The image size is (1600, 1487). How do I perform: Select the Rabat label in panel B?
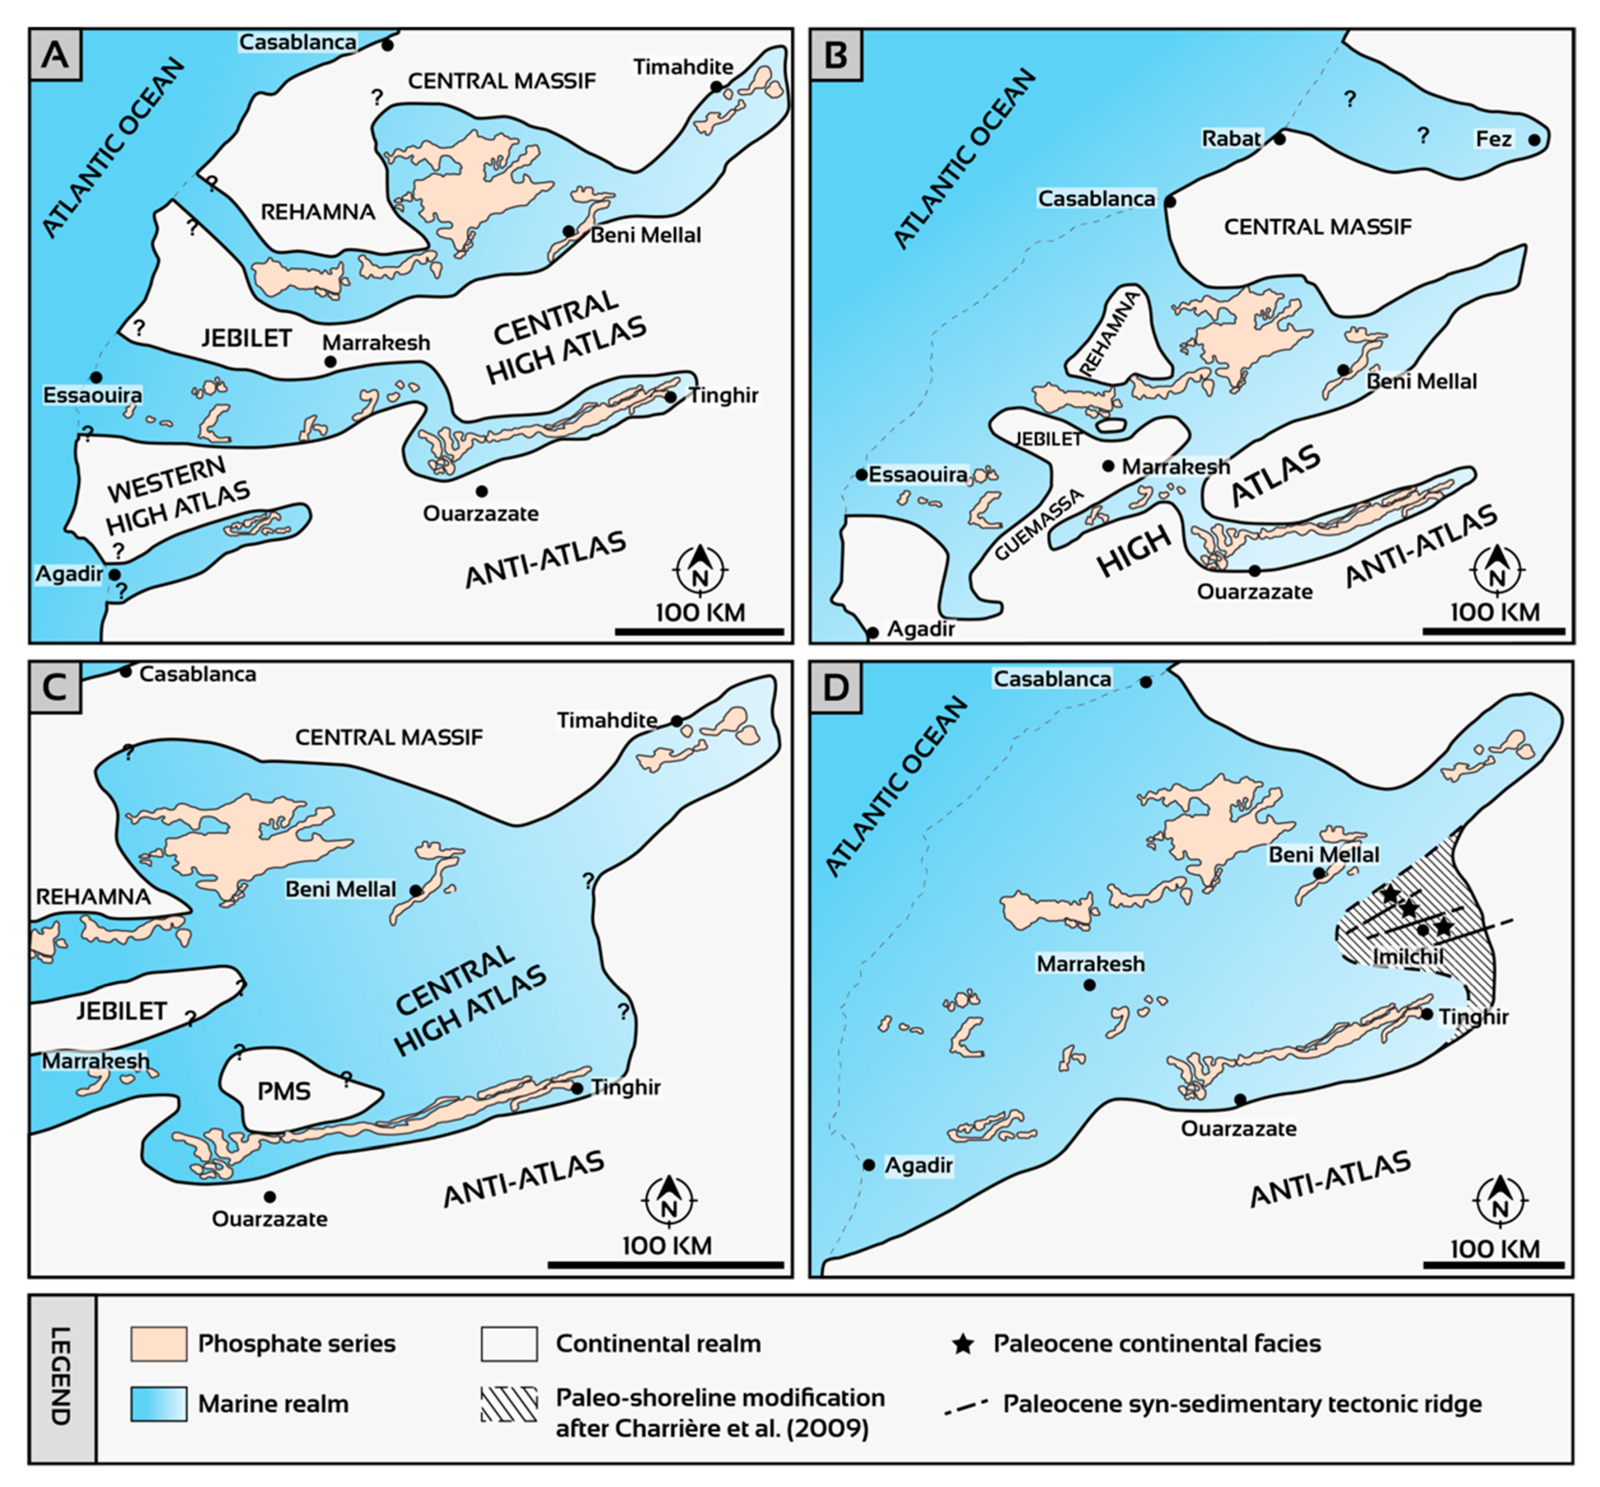(1231, 138)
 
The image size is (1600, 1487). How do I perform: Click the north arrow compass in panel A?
(700, 569)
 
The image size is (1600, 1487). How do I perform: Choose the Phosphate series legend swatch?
(159, 1344)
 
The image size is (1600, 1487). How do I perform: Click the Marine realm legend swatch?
(159, 1404)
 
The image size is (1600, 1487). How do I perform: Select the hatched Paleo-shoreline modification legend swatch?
(509, 1404)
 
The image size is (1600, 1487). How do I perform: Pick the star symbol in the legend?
(962, 1344)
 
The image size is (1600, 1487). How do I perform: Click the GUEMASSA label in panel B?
(1038, 524)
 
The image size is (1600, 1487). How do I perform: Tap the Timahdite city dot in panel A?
(716, 86)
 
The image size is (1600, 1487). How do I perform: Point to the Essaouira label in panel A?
(93, 395)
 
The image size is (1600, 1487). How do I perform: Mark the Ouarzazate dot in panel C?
(270, 1198)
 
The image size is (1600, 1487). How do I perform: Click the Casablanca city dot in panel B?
(1170, 201)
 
